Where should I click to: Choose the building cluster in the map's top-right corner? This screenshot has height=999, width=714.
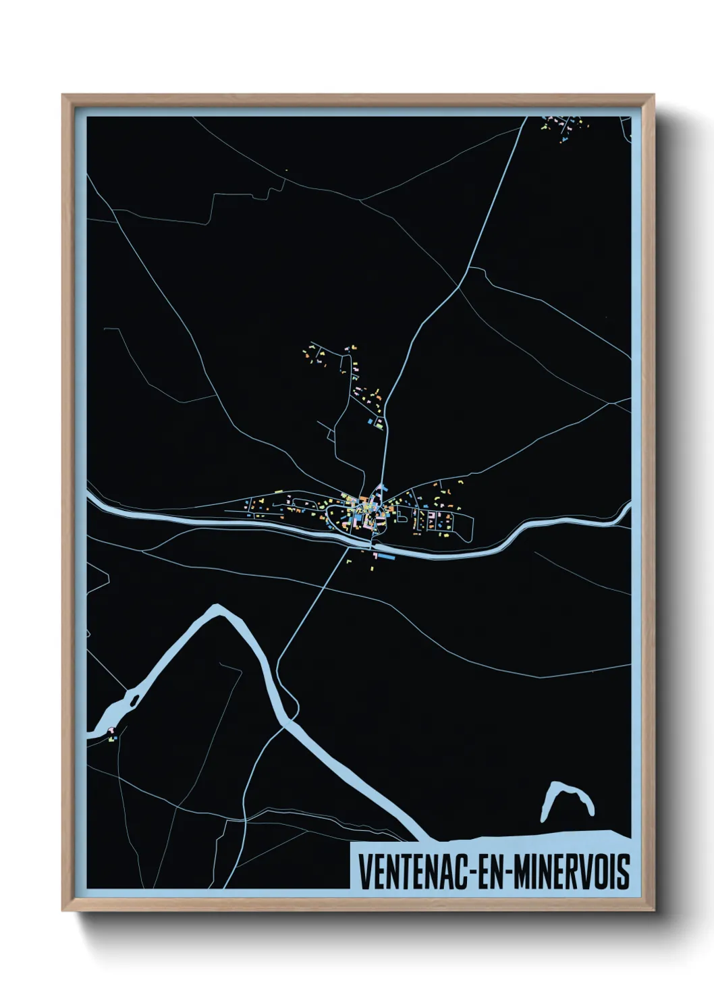[564, 127]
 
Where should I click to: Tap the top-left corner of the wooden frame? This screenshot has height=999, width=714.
[63, 96]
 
